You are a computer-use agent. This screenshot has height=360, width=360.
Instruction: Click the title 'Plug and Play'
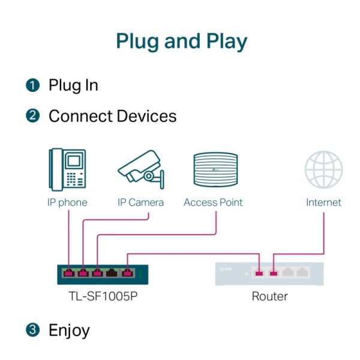click(181, 41)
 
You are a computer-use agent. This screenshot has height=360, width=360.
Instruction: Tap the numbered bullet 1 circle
click(32, 86)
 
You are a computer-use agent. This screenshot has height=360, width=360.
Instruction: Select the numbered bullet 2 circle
click(32, 116)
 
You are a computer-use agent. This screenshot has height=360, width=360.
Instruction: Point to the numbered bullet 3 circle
click(32, 329)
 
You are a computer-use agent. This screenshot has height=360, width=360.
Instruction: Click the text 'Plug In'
click(73, 86)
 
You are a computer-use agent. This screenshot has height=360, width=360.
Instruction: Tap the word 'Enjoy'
click(69, 330)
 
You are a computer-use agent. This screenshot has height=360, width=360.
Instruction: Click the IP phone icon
click(67, 169)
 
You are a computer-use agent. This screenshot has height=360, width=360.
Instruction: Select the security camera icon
click(140, 170)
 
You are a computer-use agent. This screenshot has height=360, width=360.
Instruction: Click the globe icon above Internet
click(323, 170)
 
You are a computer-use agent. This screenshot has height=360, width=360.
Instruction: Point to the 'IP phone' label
click(67, 202)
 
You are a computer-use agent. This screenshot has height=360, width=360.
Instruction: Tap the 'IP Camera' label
click(140, 202)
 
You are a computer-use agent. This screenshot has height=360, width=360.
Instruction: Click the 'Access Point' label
click(213, 202)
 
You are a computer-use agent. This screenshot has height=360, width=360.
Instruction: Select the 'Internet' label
click(323, 202)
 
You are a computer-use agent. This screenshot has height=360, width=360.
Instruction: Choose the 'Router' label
click(269, 296)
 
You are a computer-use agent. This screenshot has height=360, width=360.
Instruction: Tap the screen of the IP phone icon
click(74, 161)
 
